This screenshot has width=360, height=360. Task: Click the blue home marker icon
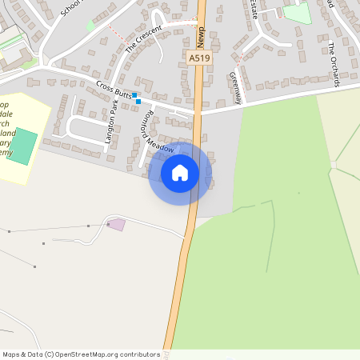pyautogui.click(x=180, y=173)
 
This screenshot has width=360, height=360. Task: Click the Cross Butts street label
pyautogui.click(x=114, y=91)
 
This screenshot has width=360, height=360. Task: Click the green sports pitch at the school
pyautogui.click(x=22, y=145)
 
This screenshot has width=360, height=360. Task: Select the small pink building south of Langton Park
pyautogui.click(x=117, y=224)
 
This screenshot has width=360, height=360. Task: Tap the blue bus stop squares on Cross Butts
pyautogui.click(x=137, y=98)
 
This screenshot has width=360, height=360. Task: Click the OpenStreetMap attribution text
pyautogui.click(x=81, y=354)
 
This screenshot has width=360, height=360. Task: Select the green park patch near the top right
pyautogui.click(x=296, y=12)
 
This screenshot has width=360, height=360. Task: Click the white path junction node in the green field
pyautogui.click(x=333, y=164)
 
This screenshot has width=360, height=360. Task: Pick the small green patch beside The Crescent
pyautogui.click(x=90, y=26)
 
